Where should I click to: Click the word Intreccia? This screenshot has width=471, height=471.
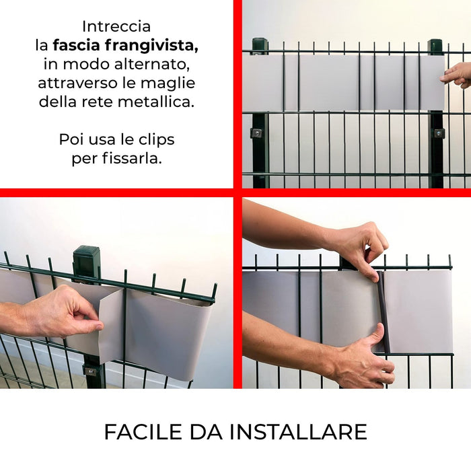116,26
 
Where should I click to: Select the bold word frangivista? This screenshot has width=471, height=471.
158,46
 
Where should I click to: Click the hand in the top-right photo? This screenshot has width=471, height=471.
458,74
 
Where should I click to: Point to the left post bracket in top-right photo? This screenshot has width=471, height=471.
257,133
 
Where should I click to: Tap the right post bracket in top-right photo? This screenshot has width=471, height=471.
438,133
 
